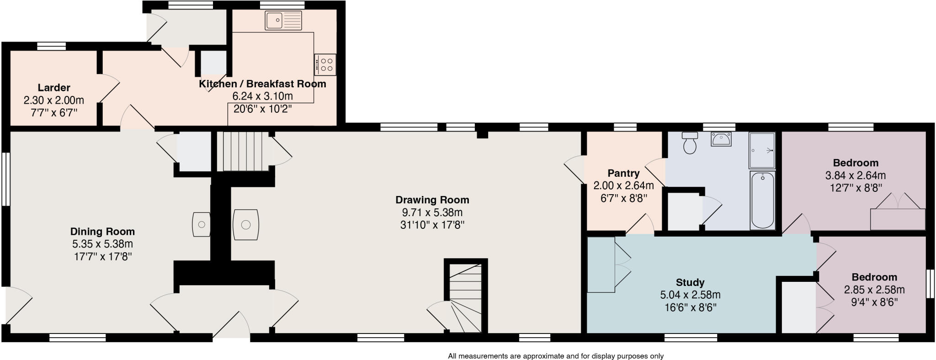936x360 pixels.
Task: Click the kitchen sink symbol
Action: (283, 20)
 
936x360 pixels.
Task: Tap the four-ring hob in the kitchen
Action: (325, 64)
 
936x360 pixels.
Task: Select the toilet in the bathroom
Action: (690, 143)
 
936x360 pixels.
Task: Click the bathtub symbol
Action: (762, 200)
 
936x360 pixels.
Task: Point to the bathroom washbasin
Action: (721, 138)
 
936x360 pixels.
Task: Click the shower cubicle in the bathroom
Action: (761, 150)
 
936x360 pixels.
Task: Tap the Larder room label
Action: (54, 88)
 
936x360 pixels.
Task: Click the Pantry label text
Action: (623, 174)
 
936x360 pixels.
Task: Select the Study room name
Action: (690, 282)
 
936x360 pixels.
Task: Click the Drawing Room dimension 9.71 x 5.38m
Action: (432, 212)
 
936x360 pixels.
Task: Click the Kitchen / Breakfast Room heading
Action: (262, 84)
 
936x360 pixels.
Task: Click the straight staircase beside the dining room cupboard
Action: (241, 151)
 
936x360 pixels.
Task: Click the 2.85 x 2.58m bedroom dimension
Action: (874, 290)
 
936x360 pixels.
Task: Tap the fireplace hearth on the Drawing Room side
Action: (246, 224)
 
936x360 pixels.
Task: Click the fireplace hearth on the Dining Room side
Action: (202, 224)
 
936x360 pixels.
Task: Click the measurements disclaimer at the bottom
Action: (555, 356)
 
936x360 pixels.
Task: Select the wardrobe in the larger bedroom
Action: (897, 219)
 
